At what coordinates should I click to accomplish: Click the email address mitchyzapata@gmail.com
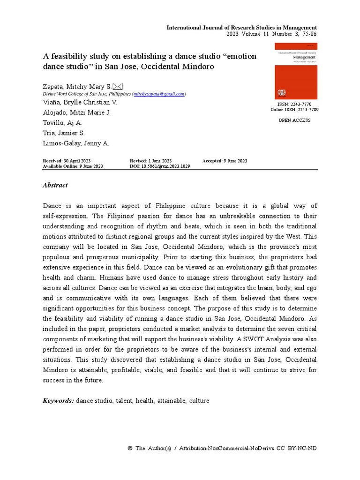click(x=159, y=94)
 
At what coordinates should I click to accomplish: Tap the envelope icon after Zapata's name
click(x=117, y=86)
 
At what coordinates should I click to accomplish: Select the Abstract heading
click(x=55, y=185)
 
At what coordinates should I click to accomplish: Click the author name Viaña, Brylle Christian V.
click(x=80, y=102)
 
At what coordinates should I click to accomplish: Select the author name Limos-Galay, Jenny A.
click(x=76, y=143)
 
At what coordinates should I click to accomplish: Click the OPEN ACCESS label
click(x=294, y=120)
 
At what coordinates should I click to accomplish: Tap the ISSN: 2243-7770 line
click(x=294, y=104)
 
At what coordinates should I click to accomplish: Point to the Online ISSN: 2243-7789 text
click(x=294, y=110)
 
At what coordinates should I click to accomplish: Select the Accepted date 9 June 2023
click(x=225, y=161)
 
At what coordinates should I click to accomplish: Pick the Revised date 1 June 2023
click(x=150, y=161)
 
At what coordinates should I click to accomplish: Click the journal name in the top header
click(x=241, y=28)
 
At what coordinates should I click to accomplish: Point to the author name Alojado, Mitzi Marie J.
click(x=77, y=112)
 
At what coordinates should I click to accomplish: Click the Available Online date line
click(x=73, y=166)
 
